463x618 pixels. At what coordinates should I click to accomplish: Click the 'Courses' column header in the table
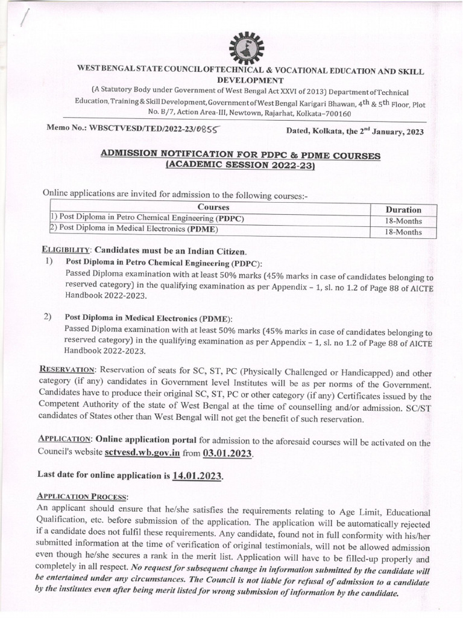[209, 208]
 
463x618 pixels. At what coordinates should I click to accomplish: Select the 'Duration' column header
[403, 209]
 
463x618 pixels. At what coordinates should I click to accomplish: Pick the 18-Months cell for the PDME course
[403, 231]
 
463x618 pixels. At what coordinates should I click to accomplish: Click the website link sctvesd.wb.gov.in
[142, 453]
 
